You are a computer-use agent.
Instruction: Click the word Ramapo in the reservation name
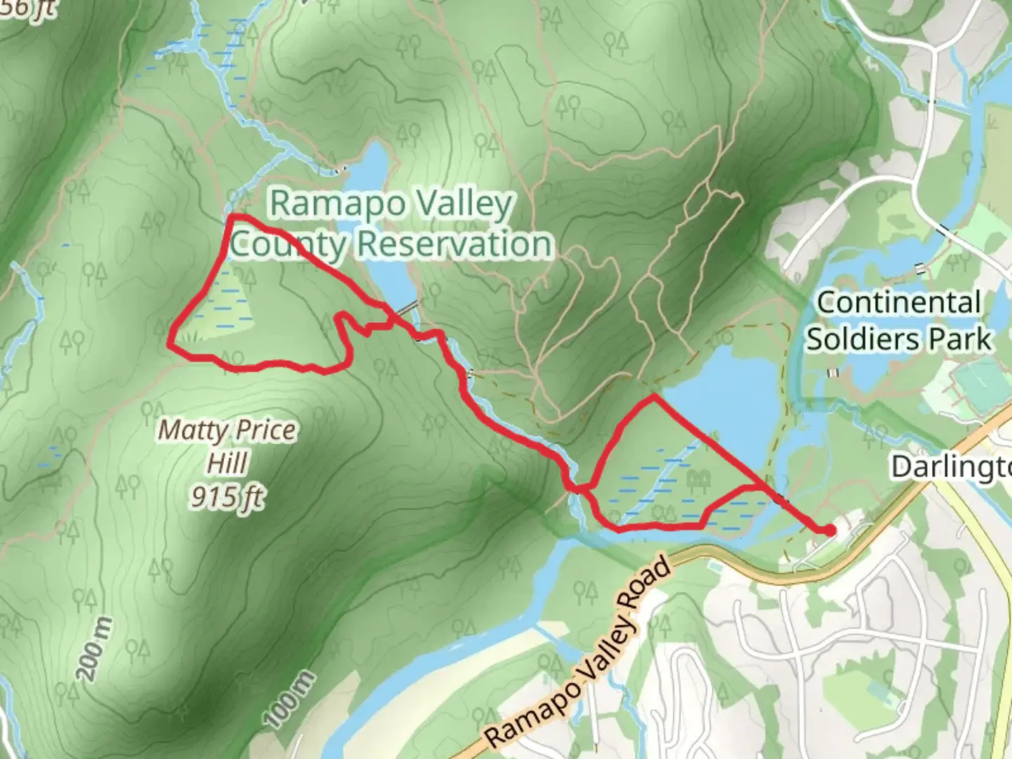tap(327, 204)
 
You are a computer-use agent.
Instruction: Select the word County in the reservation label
tap(288, 245)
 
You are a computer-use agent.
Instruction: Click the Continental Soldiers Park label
tap(899, 320)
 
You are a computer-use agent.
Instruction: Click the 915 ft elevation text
tap(227, 498)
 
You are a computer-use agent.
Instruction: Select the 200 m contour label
tap(94, 648)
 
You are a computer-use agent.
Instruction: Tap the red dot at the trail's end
tap(830, 530)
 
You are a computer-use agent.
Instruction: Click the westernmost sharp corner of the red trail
tap(170, 344)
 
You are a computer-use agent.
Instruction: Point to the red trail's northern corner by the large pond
tap(654, 397)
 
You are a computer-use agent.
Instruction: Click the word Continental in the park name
tap(899, 303)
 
